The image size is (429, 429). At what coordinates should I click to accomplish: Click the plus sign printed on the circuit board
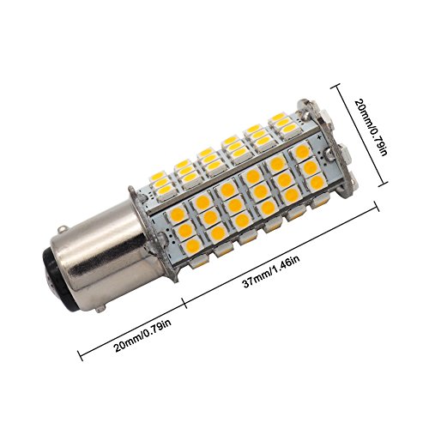(x=319, y=137)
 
